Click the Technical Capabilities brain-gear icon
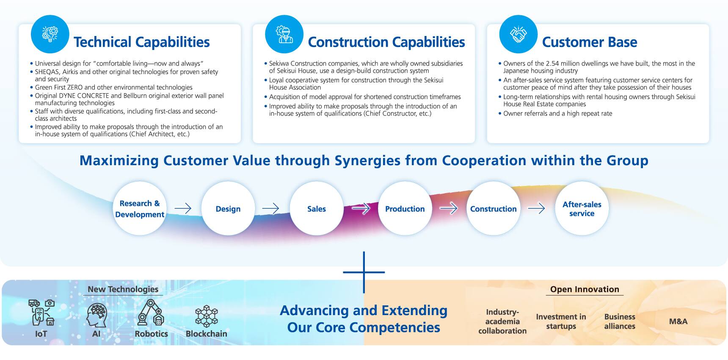pos(50,34)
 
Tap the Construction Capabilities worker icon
pos(284,34)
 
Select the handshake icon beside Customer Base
pos(518,34)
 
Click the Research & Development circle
pos(140,208)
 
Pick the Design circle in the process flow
pos(228,208)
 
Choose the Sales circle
pos(317,208)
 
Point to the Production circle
pos(405,208)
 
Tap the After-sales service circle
pos(582,208)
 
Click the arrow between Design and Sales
pos(270,208)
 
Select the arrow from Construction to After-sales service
pos(536,208)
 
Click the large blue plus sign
pos(364,272)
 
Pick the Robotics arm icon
pos(151,313)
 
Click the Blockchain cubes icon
pos(206,316)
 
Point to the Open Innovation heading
pos(585,289)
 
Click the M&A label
pos(678,321)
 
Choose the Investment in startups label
pos(561,321)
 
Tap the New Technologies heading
pos(123,289)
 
